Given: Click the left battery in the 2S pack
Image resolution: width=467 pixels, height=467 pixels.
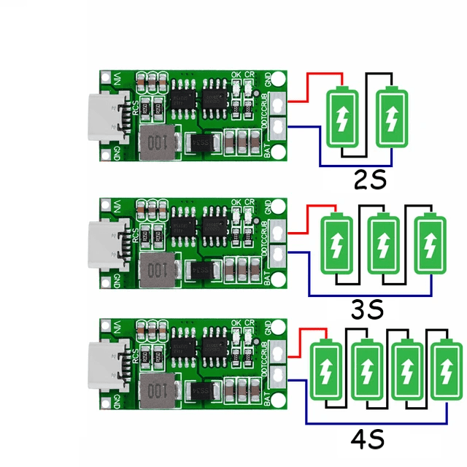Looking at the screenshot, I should tap(341, 117).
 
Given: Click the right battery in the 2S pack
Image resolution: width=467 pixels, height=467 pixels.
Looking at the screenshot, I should tap(393, 117).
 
